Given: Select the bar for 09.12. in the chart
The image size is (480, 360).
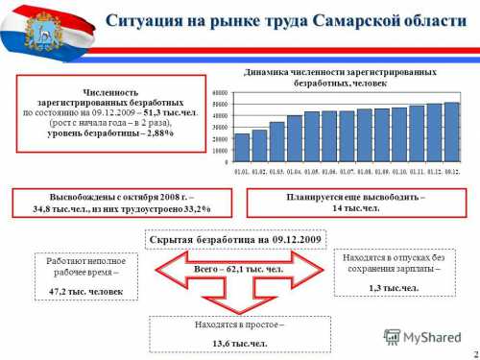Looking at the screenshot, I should pos(451,132).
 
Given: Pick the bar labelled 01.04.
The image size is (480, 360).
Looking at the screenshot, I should pos(295,138).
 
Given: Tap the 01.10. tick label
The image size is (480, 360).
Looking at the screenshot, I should pos(399,171).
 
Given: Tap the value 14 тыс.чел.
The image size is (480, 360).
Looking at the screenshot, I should pos(348,208).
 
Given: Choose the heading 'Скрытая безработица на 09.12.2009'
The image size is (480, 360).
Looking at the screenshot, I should pos(236,238).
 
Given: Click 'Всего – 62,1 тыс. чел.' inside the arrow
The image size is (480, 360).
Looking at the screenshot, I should pos(238,270).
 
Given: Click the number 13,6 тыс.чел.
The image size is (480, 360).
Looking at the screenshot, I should pos(239,341).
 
